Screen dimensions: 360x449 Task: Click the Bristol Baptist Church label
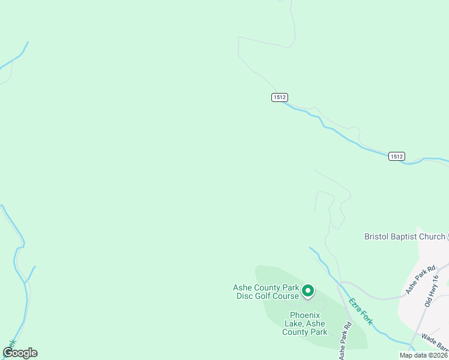pos(405,236)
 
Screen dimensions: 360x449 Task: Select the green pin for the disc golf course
pos(308,291)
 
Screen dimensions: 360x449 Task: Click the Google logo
pos(20,353)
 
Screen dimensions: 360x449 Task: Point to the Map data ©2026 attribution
pos(424,355)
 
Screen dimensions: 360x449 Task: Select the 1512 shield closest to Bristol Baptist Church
pos(396,156)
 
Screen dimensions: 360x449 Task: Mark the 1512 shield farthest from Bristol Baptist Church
pos(279,97)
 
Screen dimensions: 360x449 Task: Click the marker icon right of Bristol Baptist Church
pos(448,236)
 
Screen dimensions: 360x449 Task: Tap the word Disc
pos(243,296)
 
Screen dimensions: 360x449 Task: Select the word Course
pos(286,296)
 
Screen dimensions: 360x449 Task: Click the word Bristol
pos(378,236)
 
